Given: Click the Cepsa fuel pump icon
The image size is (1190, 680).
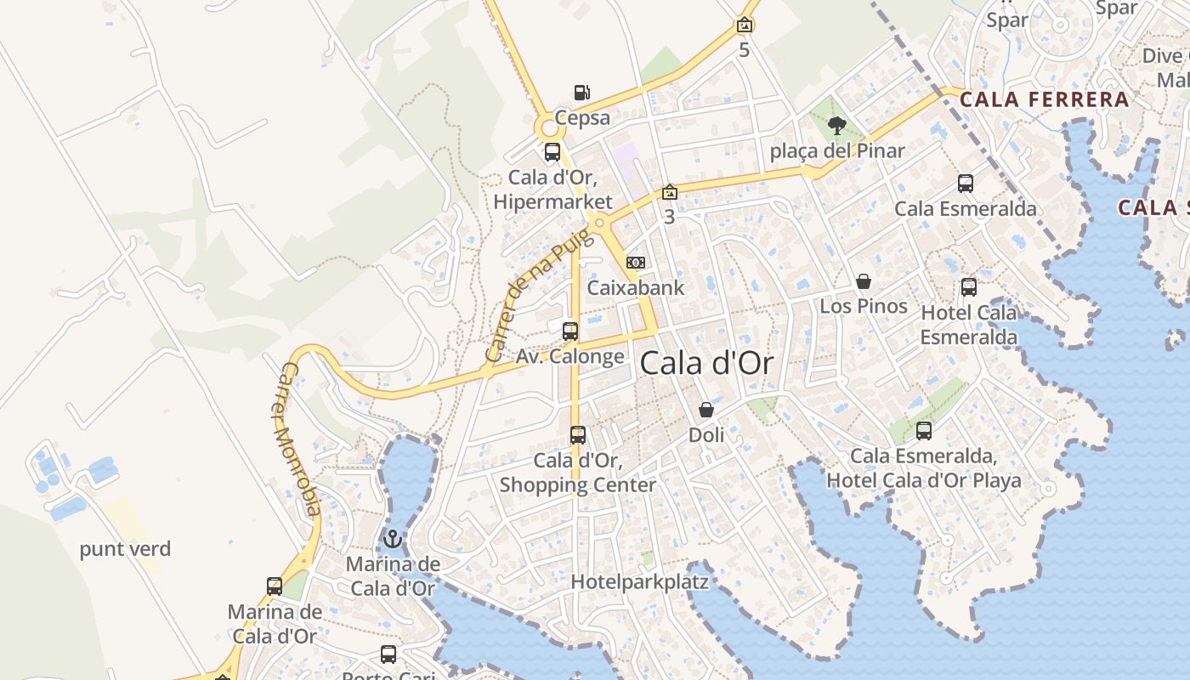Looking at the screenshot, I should coord(581,92).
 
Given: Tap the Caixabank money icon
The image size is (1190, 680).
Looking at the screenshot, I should coord(635,263).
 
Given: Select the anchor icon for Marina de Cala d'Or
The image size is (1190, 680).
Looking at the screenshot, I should coord(393,538).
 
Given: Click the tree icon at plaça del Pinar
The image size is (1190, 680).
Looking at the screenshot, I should coord(837,126).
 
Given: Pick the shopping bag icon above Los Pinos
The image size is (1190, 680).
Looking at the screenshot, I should coord(864,281).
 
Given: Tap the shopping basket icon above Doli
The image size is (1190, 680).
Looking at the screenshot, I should coord(706,411).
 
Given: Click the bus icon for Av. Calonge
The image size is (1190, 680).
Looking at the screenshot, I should coord(570,331).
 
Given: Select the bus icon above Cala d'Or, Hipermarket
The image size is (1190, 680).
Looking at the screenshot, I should coord(552,152).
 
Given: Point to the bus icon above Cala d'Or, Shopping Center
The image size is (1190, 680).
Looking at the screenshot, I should coord(578,435).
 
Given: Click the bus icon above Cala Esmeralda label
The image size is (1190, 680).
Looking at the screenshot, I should coord(966,183).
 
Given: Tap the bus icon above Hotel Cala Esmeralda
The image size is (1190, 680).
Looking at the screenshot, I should coord(969,287).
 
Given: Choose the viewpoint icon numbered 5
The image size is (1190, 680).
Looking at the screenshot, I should coord(745,25).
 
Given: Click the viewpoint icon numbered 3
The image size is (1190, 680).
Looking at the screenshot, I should coord(670,192).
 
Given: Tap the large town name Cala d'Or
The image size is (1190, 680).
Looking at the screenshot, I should coord(706,364).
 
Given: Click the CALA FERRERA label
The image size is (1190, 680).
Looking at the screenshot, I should coord(1044,99).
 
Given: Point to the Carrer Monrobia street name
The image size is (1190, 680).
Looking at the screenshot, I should coord(302,439).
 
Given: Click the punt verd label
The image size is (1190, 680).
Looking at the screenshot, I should coord(125,549).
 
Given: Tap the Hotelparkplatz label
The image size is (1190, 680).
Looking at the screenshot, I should coord(639,582).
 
